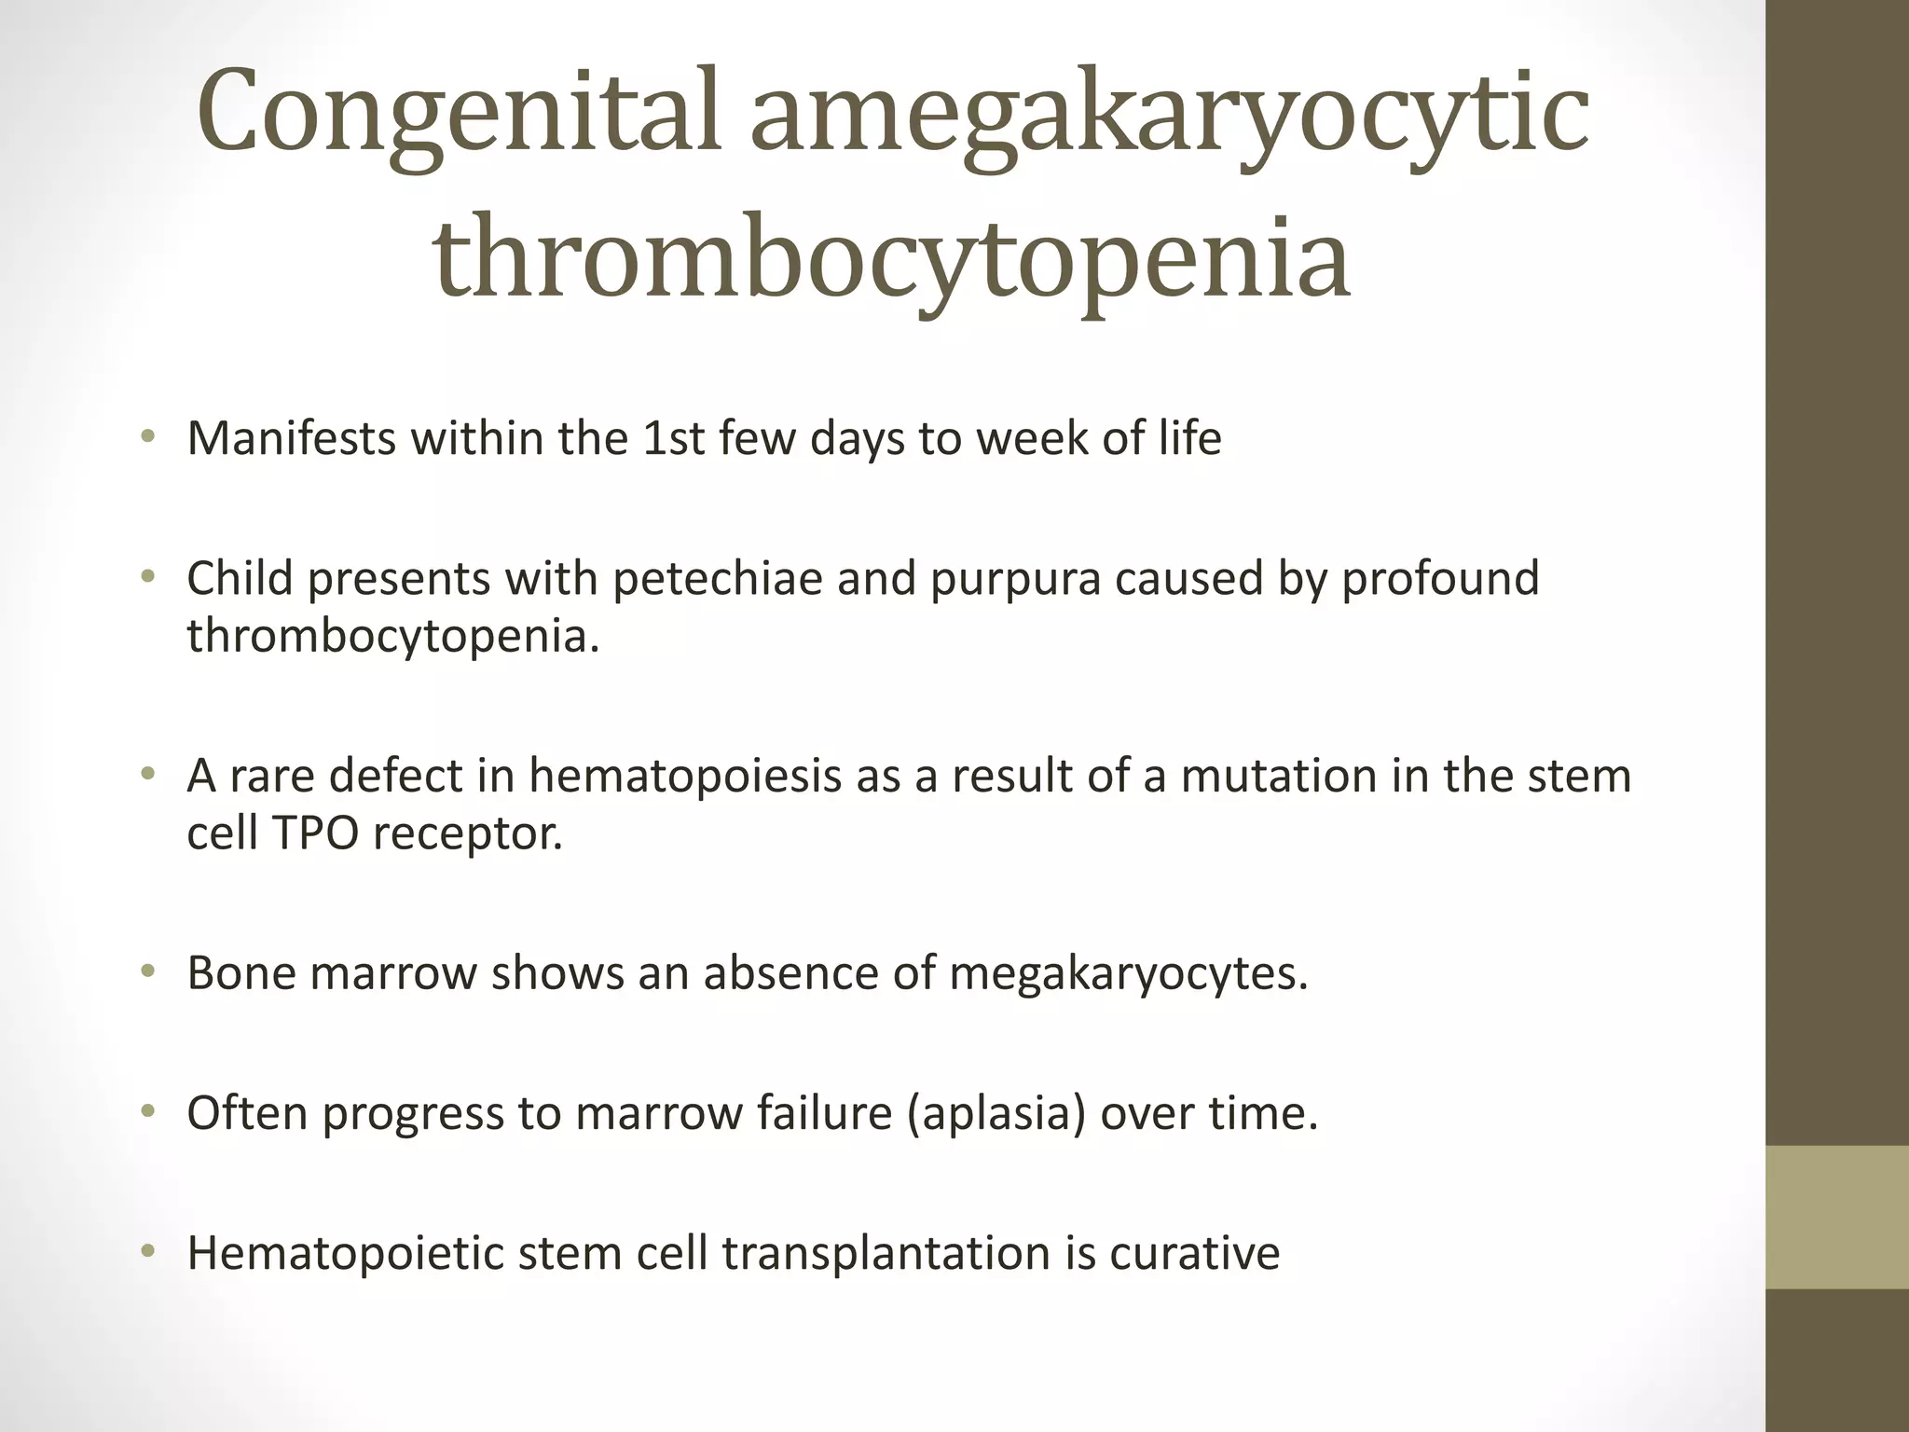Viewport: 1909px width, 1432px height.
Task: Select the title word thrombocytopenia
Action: tap(891, 259)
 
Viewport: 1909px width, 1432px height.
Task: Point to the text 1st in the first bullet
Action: tap(673, 438)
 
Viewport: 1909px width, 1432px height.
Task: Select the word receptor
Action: tap(468, 833)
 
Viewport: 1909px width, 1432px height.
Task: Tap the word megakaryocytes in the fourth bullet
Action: tap(1129, 973)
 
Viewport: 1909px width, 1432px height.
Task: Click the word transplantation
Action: tap(886, 1253)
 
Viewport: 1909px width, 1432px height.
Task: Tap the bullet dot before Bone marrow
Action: tap(146, 972)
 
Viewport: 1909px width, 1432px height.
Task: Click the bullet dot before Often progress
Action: tap(146, 1112)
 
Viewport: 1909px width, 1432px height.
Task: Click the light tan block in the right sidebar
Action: tap(1836, 1217)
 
